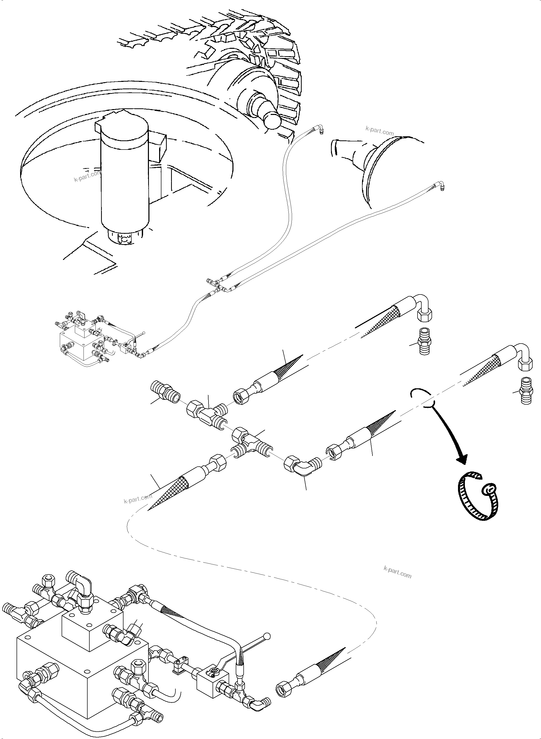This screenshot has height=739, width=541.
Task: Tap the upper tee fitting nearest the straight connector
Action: coord(206,411)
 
